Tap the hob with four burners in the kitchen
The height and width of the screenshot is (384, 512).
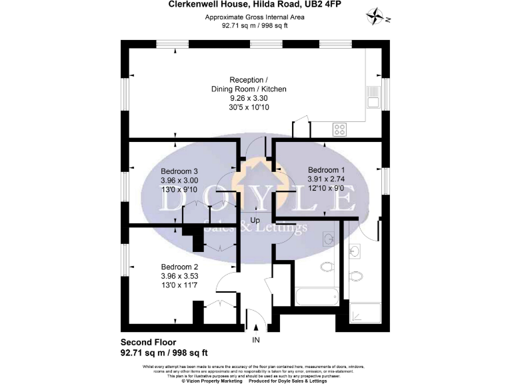pyautogui.click(x=339, y=129)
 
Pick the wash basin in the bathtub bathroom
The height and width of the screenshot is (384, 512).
pyautogui.click(x=327, y=239)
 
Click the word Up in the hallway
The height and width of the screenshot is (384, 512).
pyautogui.click(x=255, y=219)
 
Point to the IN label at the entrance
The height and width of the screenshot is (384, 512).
pyautogui.click(x=255, y=340)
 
